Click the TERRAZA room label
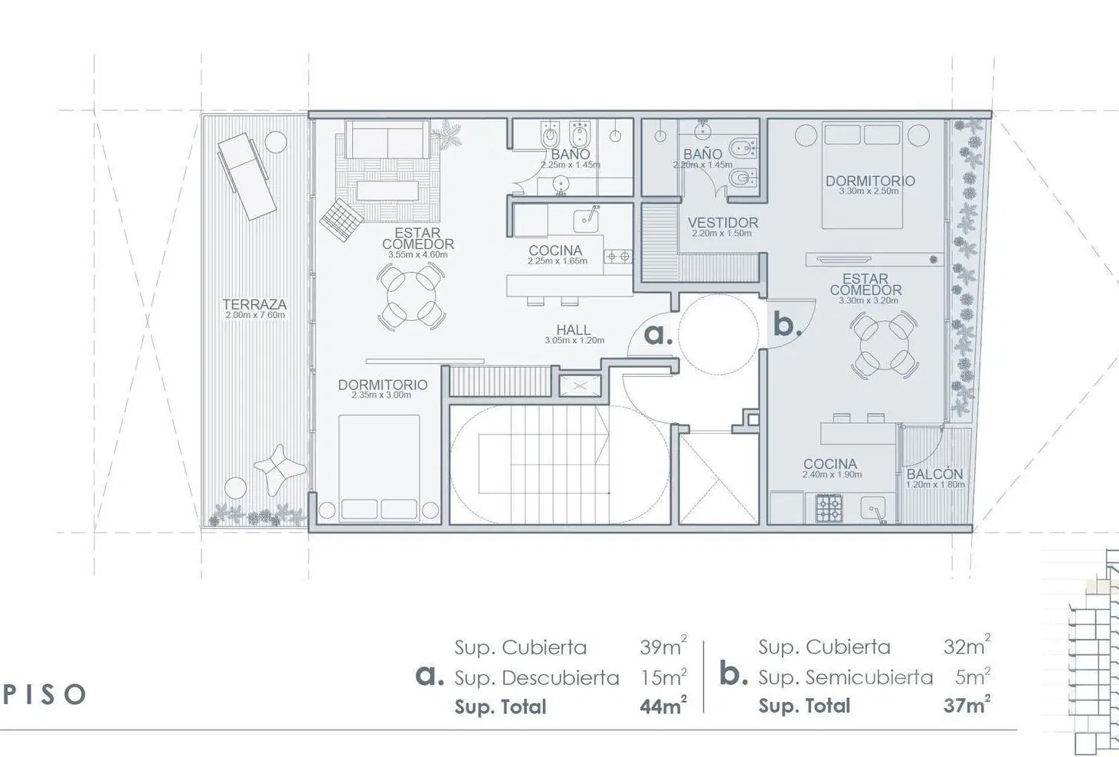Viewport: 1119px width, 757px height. click(254, 304)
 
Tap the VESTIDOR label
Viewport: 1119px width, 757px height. click(722, 222)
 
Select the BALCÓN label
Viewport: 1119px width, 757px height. click(934, 474)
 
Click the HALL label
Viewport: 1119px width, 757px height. click(574, 329)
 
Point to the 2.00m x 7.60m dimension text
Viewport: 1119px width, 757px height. click(255, 316)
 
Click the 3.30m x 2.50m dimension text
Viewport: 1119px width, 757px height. click(869, 191)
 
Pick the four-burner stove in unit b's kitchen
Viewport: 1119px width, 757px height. click(829, 508)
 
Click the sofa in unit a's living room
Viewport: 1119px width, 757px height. click(388, 139)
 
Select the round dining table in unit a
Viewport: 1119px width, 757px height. click(411, 297)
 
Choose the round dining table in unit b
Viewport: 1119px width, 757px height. click(883, 344)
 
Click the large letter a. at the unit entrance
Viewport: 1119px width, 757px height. click(658, 334)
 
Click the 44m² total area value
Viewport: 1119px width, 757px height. click(663, 705)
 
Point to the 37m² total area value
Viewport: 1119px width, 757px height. click(967, 704)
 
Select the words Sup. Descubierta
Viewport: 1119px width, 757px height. click(536, 678)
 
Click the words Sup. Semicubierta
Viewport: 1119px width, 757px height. click(846, 677)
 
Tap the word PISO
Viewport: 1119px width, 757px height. click(44, 694)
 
